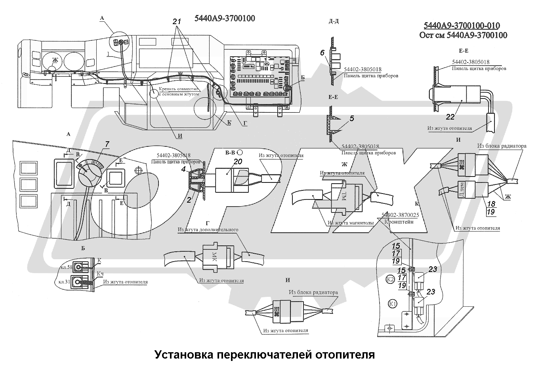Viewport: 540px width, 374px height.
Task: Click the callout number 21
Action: (177, 22)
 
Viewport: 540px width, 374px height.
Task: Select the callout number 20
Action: (237, 161)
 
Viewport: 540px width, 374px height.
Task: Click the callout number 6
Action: (322, 53)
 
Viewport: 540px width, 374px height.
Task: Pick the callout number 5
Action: (352, 118)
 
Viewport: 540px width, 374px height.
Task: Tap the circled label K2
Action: (390, 279)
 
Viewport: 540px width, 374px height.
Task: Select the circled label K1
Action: (393, 304)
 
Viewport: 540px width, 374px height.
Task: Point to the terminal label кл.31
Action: (65, 282)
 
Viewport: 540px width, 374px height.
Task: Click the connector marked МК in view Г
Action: (215, 256)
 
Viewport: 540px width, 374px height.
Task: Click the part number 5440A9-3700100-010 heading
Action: (462, 26)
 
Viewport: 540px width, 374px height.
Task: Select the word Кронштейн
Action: (399, 222)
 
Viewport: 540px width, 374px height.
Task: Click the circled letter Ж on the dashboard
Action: (55, 60)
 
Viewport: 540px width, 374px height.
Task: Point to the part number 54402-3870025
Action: (400, 215)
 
